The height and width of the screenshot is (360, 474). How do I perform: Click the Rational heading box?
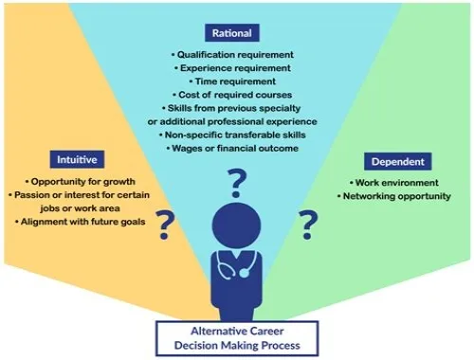click(232, 33)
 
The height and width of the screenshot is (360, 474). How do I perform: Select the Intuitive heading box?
click(77, 159)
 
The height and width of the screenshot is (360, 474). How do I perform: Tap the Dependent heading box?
click(397, 161)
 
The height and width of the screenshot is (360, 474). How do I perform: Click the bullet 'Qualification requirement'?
click(232, 55)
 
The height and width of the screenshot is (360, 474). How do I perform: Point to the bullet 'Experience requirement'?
click(232, 68)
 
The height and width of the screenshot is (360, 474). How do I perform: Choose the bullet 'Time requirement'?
click(232, 81)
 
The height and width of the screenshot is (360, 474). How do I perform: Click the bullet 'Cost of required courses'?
click(232, 95)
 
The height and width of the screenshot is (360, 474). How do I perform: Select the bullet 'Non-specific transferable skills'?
click(232, 135)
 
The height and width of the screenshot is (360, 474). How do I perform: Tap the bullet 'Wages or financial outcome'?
click(232, 148)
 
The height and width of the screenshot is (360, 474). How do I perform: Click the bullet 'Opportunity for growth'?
click(80, 182)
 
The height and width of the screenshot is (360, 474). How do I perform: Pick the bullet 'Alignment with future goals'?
click(80, 222)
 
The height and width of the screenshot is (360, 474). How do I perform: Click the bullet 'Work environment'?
click(394, 183)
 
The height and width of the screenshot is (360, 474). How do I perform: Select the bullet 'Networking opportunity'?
click(394, 196)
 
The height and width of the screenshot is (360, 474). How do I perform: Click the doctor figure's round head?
click(236, 225)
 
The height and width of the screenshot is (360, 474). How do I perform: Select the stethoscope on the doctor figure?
click(235, 264)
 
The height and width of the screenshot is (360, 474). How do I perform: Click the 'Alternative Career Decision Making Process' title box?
click(237, 338)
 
